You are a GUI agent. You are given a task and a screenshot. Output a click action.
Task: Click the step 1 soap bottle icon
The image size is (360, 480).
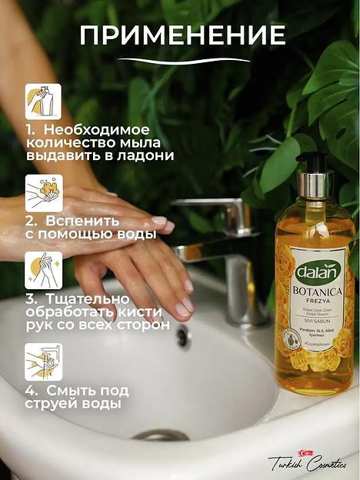[x=43, y=102]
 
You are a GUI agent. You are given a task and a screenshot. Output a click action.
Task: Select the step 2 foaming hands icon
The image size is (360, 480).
[x=43, y=193]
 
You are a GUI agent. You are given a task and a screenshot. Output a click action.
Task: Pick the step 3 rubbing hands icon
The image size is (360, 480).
[x=43, y=271]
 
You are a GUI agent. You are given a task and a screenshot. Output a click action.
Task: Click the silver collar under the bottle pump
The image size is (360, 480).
[x=314, y=185]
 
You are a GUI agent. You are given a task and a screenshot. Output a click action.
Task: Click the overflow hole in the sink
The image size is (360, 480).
[x=182, y=335]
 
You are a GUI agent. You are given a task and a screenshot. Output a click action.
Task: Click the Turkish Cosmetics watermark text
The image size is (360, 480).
[x=307, y=462]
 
